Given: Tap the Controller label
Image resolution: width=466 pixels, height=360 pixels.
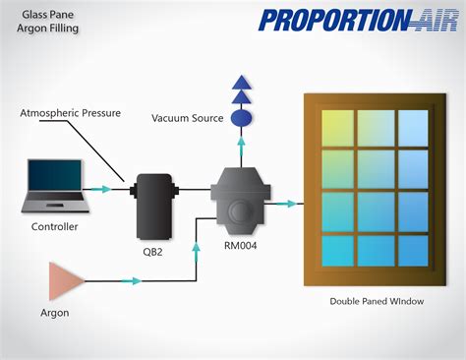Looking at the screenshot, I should [x=54, y=227].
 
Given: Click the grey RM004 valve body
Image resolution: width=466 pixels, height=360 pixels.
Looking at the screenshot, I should [x=241, y=198].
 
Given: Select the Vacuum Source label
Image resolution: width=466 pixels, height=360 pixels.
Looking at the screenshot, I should [x=188, y=119].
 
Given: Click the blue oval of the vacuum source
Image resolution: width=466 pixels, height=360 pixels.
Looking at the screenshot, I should [x=240, y=118].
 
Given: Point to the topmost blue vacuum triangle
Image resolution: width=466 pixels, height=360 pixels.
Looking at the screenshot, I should [x=240, y=82].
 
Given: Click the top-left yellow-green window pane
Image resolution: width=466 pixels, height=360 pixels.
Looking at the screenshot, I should [x=337, y=126].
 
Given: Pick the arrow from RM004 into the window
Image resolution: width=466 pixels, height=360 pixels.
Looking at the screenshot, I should [x=287, y=204].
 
